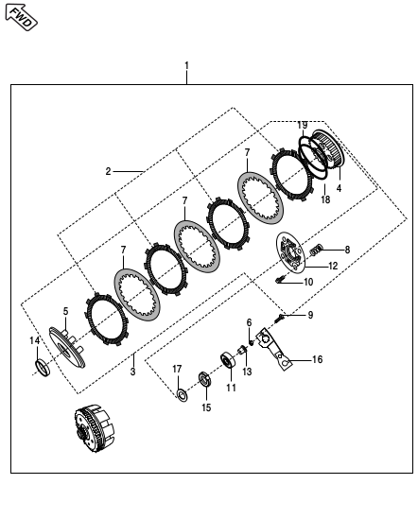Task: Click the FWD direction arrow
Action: click(21, 17)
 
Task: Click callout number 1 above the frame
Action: click(187, 65)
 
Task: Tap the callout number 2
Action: click(108, 171)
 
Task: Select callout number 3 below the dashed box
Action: click(132, 372)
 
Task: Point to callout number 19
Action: click(302, 125)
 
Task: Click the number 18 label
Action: click(325, 199)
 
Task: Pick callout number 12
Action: click(333, 266)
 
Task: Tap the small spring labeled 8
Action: click(316, 251)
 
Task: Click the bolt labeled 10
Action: click(280, 279)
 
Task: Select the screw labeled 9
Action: click(280, 318)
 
